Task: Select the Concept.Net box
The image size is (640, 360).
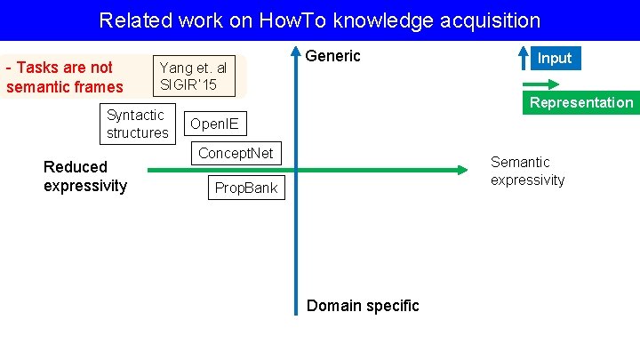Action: pyautogui.click(x=236, y=153)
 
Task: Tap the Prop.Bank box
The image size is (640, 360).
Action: pyautogui.click(x=246, y=188)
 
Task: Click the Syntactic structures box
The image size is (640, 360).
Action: pyautogui.click(x=137, y=124)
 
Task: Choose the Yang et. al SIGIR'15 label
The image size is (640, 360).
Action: pyautogui.click(x=193, y=76)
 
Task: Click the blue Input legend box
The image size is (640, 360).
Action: pyautogui.click(x=555, y=58)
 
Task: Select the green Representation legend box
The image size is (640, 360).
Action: pyautogui.click(x=581, y=102)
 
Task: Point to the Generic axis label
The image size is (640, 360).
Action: pyautogui.click(x=333, y=56)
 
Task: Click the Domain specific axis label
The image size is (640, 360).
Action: pyautogui.click(x=362, y=306)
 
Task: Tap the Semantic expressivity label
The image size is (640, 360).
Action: pyautogui.click(x=527, y=171)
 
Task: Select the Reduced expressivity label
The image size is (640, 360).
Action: pyautogui.click(x=84, y=176)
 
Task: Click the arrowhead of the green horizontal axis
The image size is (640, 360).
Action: pyautogui.click(x=461, y=170)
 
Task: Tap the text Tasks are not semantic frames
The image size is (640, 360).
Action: pyautogui.click(x=64, y=77)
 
